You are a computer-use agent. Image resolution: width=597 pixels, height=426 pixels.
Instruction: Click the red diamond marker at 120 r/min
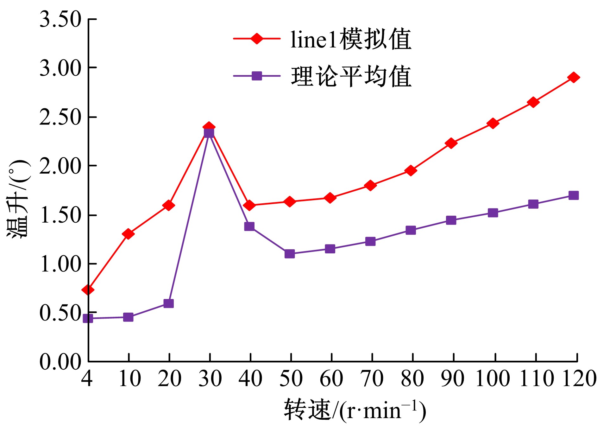(573, 77)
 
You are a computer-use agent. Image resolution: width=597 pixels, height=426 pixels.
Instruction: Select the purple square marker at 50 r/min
(289, 253)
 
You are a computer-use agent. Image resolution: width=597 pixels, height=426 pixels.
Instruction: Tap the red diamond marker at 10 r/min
(128, 234)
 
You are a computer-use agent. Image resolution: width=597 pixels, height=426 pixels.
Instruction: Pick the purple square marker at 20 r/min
(168, 303)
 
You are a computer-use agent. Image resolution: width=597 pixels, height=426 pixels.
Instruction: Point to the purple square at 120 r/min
(573, 195)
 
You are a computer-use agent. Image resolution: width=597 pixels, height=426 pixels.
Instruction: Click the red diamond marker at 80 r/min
(411, 170)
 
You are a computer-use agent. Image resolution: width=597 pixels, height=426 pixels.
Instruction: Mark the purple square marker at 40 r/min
(249, 226)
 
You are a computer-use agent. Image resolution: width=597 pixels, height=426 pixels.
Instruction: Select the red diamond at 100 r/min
(493, 123)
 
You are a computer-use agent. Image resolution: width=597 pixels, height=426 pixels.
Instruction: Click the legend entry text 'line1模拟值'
(351, 39)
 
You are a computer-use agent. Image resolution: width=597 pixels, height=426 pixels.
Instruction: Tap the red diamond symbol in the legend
(257, 39)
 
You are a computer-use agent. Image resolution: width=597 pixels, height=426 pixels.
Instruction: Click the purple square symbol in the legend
(257, 76)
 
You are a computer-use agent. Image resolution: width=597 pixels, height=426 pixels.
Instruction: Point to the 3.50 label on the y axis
(60, 19)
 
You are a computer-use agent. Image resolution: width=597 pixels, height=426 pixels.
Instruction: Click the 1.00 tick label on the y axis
(60, 264)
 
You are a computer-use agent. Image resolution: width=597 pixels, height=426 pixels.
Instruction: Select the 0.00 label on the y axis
(60, 361)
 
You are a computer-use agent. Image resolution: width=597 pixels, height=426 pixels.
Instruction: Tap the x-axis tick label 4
(87, 378)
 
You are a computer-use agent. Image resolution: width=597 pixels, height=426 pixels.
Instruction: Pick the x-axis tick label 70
(372, 378)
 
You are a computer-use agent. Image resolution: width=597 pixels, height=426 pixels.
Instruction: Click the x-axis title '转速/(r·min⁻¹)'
(355, 410)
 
